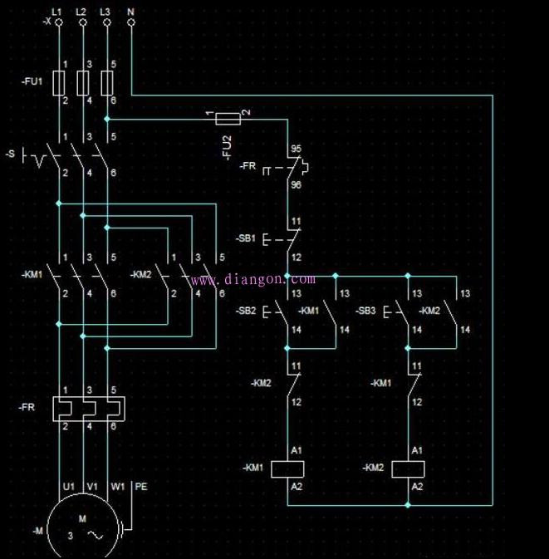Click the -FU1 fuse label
(x=31, y=82)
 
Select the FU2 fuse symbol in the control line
(x=227, y=119)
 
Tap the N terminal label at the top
(x=131, y=11)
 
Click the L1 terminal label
(x=57, y=11)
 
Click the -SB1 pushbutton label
(x=246, y=238)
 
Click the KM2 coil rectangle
(x=408, y=468)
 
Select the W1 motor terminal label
(x=117, y=485)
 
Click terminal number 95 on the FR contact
(x=296, y=150)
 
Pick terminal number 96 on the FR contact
(x=296, y=184)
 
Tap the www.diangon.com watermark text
(x=253, y=280)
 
